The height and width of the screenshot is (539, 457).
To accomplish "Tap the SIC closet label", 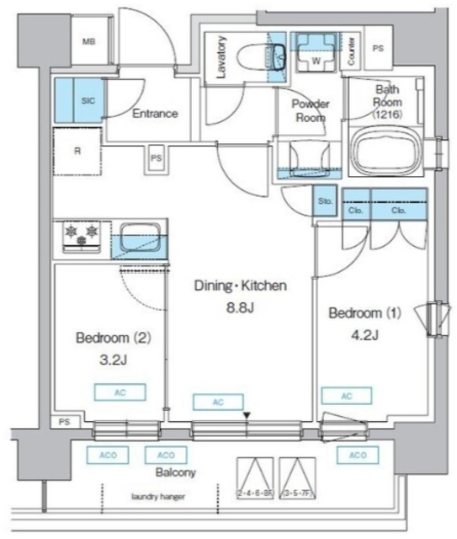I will click(88, 99).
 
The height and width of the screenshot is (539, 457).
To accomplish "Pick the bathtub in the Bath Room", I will click(388, 152).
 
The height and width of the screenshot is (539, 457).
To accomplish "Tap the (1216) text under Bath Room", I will click(388, 113).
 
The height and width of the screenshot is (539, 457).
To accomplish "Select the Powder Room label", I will click(311, 110).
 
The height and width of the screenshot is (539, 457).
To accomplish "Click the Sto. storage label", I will click(326, 202).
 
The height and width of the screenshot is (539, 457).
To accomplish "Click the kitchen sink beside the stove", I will click(139, 237).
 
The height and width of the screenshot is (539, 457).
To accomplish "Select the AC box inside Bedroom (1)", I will click(346, 396).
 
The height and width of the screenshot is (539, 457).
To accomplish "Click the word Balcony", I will click(176, 472).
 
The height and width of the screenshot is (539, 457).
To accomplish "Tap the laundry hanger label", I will click(157, 497).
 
